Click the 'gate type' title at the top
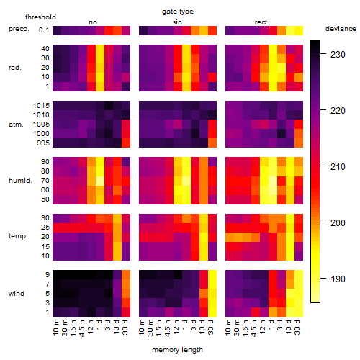coord(178,12)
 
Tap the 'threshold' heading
coord(40,17)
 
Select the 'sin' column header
coord(177,22)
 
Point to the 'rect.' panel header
coord(261,22)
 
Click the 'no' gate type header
coord(93,22)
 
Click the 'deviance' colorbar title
coord(341,29)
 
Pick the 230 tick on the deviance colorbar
coord(338,55)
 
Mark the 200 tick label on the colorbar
coord(338,223)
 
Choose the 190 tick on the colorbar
coord(338,279)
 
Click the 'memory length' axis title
coord(178,350)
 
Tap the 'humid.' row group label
coord(20,181)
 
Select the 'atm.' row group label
coord(16,125)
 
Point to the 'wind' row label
coord(17,294)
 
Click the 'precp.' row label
coord(19,29)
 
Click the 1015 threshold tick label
coord(41,106)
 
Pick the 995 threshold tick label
coord(43,143)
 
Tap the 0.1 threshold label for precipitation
coord(44,30)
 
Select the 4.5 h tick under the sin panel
coord(168,328)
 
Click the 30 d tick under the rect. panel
coord(297,327)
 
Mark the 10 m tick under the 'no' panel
coord(55,328)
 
